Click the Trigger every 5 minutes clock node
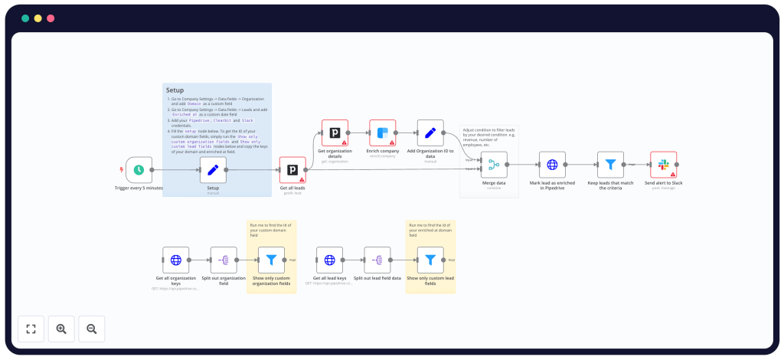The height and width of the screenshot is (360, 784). (139, 170)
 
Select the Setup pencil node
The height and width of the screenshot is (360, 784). (213, 170)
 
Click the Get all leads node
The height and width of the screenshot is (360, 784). (292, 170)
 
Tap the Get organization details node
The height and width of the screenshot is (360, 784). (335, 133)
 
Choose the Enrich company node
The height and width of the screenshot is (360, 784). (382, 133)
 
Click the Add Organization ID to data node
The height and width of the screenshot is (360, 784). (430, 133)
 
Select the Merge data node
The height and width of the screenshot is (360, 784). (494, 164)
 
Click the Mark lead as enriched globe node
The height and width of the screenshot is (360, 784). (551, 164)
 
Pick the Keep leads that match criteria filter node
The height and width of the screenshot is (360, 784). (610, 164)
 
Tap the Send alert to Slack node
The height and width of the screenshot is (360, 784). (663, 164)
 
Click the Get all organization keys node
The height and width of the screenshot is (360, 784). (176, 260)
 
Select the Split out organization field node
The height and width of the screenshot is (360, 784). (224, 260)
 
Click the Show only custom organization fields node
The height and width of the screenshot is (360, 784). (271, 260)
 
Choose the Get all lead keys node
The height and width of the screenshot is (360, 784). (329, 260)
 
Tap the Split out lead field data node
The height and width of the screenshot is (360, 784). (377, 260)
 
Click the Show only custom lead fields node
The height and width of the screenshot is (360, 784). (430, 260)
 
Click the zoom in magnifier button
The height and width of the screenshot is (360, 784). (61, 329)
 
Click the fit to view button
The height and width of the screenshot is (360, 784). (31, 329)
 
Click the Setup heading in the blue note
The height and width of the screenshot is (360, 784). (175, 90)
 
